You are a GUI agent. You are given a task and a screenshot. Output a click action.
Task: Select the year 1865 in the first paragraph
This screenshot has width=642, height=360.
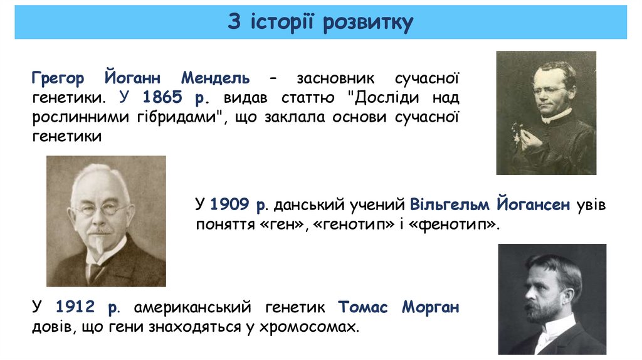point(162,98)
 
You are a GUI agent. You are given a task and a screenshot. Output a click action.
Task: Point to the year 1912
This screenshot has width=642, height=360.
point(75,308)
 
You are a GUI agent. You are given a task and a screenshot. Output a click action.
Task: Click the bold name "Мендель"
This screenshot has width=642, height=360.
point(216,78)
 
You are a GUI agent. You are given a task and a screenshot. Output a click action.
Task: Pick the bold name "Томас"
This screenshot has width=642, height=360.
point(364,308)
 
